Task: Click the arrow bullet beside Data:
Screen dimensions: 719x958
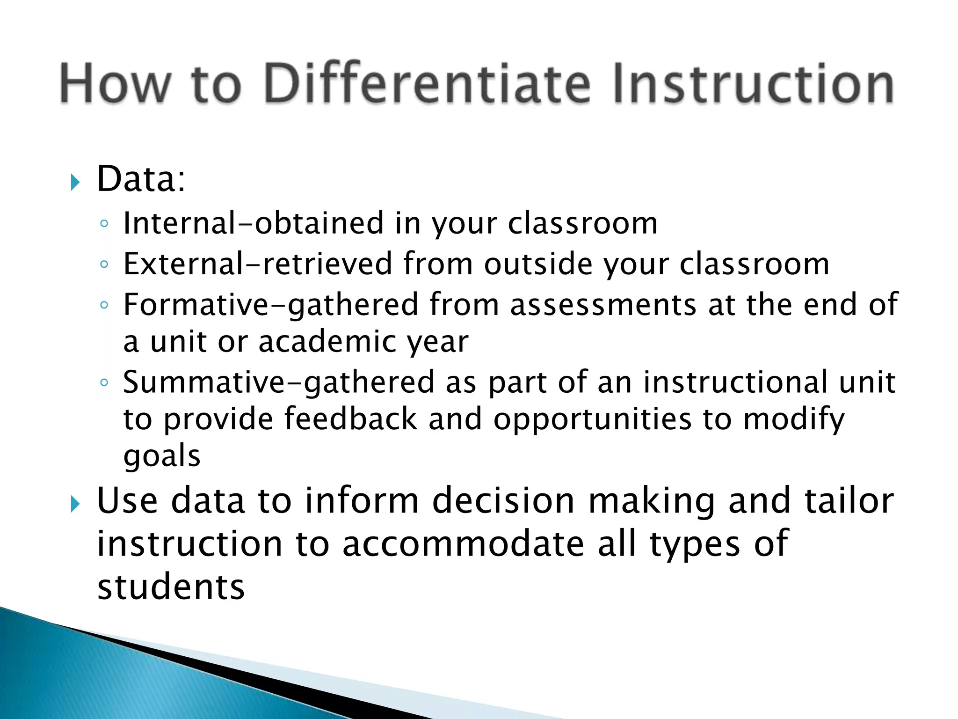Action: (75, 182)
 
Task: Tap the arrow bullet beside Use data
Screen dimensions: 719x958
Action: (75, 505)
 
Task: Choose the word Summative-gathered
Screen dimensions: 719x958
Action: (279, 382)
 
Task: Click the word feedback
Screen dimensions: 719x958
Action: (350, 419)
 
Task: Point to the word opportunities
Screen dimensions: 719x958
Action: (592, 420)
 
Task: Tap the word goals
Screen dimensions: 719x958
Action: (162, 456)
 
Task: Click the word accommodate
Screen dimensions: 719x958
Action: (463, 544)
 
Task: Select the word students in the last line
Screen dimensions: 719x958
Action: (171, 587)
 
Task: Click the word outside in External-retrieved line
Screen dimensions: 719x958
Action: (538, 264)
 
